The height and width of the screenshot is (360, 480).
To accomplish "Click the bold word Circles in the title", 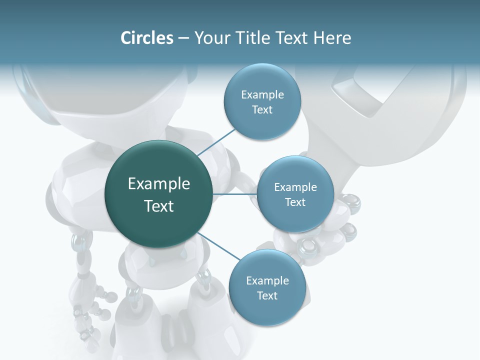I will click(146, 38).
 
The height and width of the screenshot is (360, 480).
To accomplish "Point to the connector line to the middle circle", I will click(234, 194).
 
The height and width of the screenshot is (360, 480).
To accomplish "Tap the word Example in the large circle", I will click(159, 184).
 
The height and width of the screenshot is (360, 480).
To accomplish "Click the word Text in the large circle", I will click(159, 206).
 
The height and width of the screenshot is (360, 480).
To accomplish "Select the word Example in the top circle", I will click(262, 95).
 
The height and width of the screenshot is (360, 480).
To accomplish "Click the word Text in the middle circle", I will click(295, 202).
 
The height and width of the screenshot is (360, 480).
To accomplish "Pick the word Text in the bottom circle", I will click(267, 296).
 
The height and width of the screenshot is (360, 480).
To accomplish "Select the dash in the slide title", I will click(183, 38).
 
